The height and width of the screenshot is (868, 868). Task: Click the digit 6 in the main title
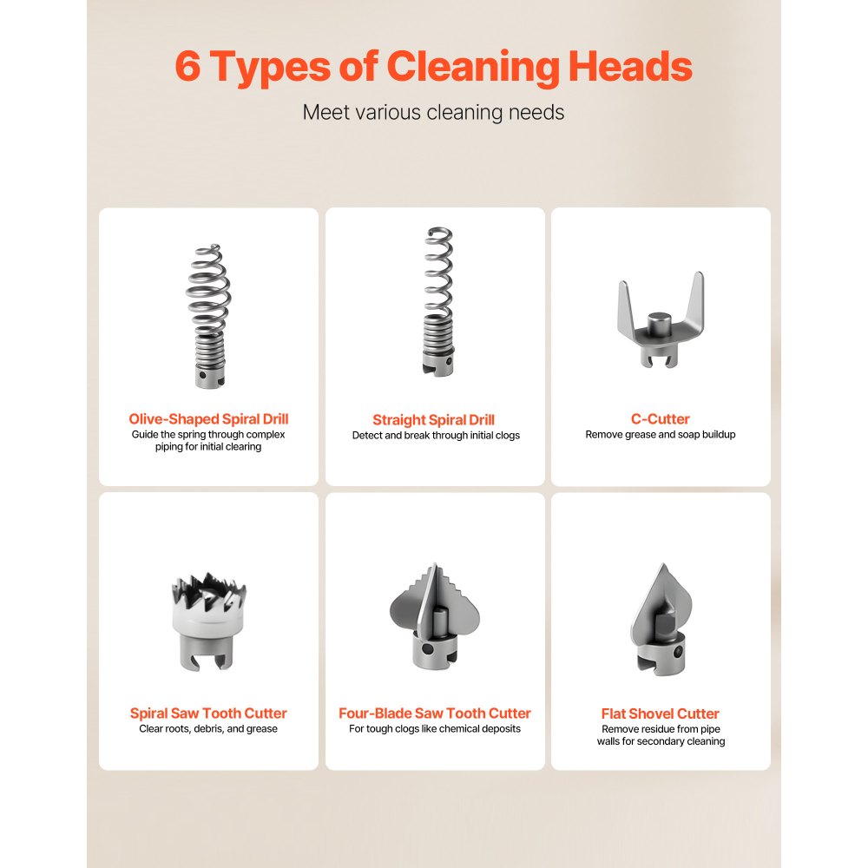[187, 67]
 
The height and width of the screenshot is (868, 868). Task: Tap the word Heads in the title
[630, 67]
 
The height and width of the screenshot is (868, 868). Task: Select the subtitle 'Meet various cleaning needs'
[433, 112]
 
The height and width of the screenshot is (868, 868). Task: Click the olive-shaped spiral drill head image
[208, 316]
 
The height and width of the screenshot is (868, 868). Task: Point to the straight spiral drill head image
[439, 302]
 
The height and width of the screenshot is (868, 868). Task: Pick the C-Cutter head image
[661, 320]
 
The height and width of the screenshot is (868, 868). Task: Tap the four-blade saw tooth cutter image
[435, 616]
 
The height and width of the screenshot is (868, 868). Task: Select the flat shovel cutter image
[661, 619]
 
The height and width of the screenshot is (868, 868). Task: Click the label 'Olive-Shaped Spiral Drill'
[208, 419]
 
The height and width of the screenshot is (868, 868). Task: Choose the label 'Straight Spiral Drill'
[433, 420]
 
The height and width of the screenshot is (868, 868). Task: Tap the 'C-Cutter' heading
[661, 419]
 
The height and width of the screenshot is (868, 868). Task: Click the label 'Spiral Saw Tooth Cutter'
[208, 713]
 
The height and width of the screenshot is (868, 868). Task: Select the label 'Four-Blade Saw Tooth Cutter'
[435, 713]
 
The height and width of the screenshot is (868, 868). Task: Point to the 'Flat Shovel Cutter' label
[661, 713]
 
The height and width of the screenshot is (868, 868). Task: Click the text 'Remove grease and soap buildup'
[661, 435]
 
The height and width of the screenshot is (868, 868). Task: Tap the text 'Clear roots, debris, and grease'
[208, 728]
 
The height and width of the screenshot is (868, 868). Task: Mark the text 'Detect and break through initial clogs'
[436, 435]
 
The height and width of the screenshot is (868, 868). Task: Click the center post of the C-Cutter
[660, 324]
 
